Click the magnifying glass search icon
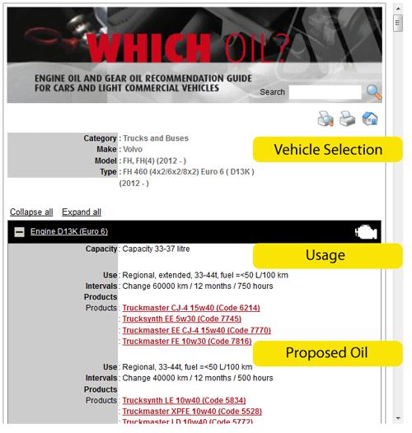tap(374, 92)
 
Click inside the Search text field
tap(325, 92)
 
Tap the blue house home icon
tap(370, 119)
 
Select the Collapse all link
tap(31, 212)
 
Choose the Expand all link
tap(82, 212)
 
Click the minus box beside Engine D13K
tap(19, 232)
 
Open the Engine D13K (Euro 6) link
tap(69, 231)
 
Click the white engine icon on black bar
tap(366, 231)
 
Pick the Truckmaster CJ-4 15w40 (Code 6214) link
tap(191, 308)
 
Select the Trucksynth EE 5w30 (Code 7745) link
tap(181, 319)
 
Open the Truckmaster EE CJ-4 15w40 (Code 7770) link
tap(196, 330)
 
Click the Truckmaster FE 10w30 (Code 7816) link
tap(187, 342)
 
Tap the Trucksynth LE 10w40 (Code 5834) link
tap(184, 400)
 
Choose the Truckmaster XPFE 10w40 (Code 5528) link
tap(192, 412)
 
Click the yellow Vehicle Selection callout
tap(328, 149)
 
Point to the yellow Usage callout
tap(328, 256)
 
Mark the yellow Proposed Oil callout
tap(328, 353)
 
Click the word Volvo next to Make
tap(133, 149)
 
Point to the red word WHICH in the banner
tap(150, 48)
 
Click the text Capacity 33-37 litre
tap(156, 249)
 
